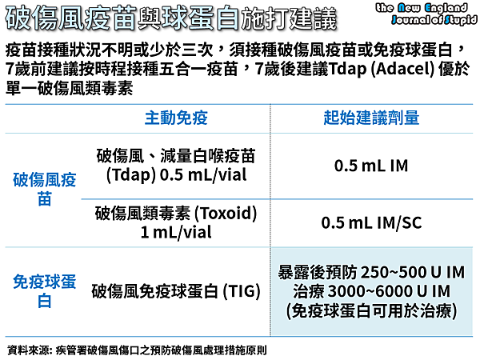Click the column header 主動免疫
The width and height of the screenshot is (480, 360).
tap(176, 118)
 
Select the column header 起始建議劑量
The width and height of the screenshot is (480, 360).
tap(371, 118)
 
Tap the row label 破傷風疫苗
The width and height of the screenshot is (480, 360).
tap(44, 189)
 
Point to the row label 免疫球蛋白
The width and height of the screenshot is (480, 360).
tap(44, 291)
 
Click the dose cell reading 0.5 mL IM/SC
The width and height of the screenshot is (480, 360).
tap(371, 222)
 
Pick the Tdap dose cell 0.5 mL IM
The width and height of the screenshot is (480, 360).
tap(371, 166)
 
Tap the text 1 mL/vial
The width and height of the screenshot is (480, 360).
tap(176, 232)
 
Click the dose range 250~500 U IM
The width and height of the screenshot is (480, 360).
tap(413, 272)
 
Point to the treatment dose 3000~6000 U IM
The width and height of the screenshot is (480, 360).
tap(389, 291)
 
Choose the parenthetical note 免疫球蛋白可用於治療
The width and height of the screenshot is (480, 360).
tap(371, 311)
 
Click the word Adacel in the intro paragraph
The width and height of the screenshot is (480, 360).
tap(402, 69)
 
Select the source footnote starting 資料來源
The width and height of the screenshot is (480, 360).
tap(137, 350)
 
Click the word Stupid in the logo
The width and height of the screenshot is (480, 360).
tap(462, 20)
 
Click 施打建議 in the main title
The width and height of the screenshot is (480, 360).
tap(289, 19)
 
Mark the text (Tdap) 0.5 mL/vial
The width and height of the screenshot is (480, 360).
tap(176, 175)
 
